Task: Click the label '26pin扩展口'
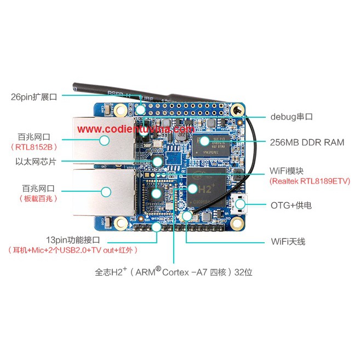coord(34,97)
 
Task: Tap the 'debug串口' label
coord(292,117)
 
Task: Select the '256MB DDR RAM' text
coord(307,142)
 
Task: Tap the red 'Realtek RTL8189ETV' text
coord(310,181)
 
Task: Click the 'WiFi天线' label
coord(288,241)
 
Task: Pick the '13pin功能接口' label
coord(73,240)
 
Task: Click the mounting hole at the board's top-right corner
coord(237,110)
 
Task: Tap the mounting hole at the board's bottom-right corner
coord(237,222)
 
